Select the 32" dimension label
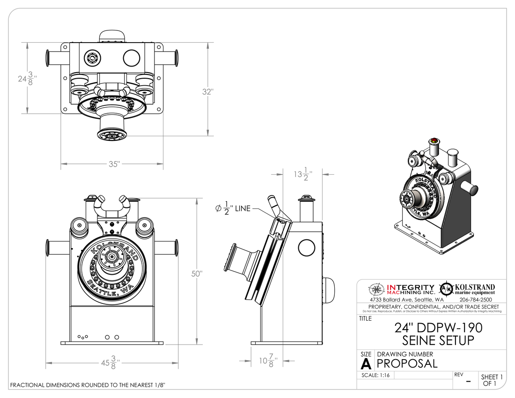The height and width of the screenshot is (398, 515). [x=207, y=92]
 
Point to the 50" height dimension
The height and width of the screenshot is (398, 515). [x=197, y=273]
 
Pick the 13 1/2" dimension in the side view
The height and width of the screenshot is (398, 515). [x=302, y=174]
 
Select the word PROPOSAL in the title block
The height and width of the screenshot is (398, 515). [x=407, y=363]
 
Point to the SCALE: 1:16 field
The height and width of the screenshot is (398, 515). [x=376, y=376]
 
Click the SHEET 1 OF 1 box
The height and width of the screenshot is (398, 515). [x=492, y=380]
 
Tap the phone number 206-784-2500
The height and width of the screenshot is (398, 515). [x=476, y=299]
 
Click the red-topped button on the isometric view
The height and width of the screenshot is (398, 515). [x=434, y=140]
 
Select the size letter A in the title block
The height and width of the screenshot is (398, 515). [x=366, y=363]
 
